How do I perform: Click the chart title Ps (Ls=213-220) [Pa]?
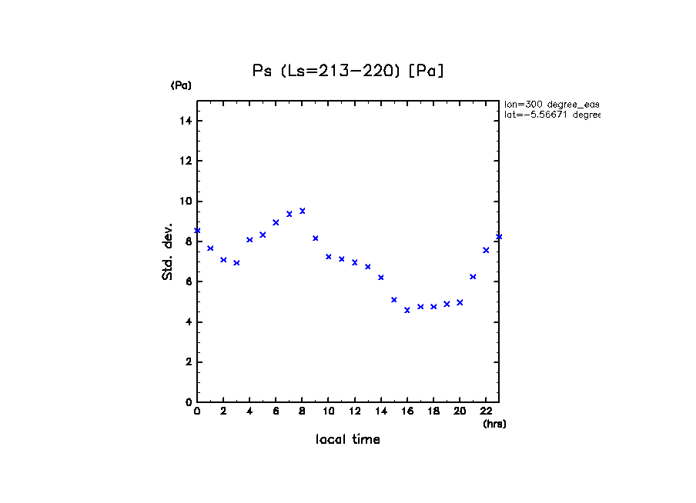tap(349, 71)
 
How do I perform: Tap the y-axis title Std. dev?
tap(167, 251)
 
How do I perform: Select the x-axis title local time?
tap(348, 440)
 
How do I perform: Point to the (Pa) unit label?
tap(181, 85)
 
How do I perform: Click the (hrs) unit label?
tap(494, 424)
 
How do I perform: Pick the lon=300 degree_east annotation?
tap(551, 104)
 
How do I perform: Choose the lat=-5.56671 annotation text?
tap(551, 115)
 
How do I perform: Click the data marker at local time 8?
tap(303, 211)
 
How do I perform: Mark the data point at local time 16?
tap(407, 310)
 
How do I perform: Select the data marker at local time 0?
tap(197, 231)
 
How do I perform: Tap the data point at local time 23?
tap(499, 237)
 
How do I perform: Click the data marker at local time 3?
tap(236, 263)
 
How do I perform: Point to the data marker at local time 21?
tap(473, 277)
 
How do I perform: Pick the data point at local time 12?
tap(355, 262)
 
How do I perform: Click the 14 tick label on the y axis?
tap(186, 122)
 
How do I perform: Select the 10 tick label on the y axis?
tap(186, 202)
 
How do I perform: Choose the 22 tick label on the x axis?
tap(486, 411)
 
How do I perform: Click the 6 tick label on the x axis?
tap(276, 411)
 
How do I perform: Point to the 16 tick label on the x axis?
tap(407, 411)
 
